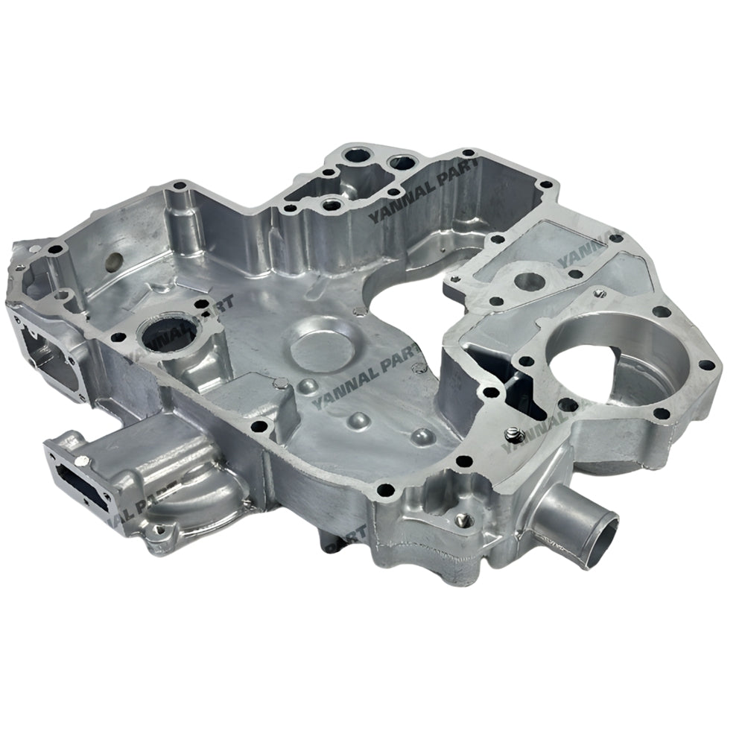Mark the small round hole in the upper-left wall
[x=114, y=261]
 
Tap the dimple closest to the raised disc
[x=307, y=387]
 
